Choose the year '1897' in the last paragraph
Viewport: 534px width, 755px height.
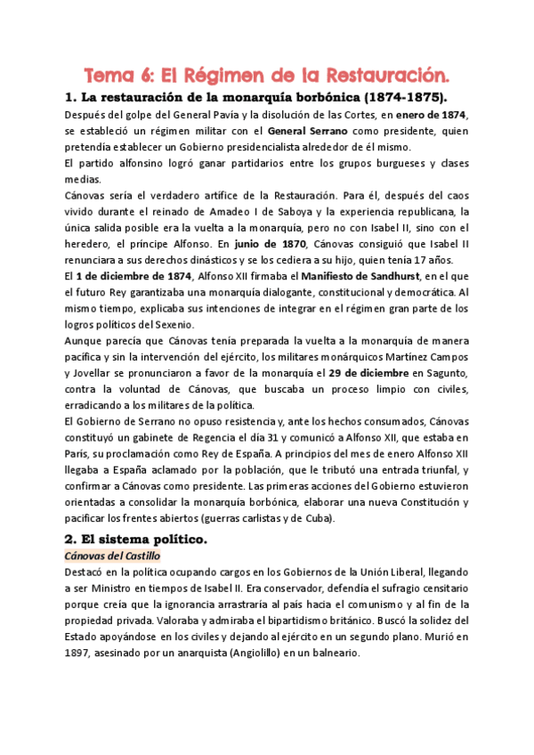81,652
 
